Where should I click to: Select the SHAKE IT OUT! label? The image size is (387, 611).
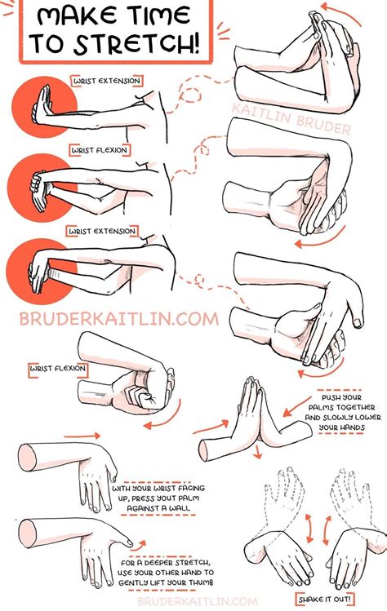[325, 599]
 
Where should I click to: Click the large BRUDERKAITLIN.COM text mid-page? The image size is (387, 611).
[118, 319]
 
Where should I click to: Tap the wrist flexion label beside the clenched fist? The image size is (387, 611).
[58, 368]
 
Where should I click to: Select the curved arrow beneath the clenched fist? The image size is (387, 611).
[164, 417]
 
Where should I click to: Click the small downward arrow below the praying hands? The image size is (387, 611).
[256, 453]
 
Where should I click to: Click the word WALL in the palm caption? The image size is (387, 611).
[181, 508]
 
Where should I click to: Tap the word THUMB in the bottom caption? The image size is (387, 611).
[201, 582]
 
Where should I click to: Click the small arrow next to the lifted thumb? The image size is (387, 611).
[140, 545]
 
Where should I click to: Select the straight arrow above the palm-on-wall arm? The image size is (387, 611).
[82, 436]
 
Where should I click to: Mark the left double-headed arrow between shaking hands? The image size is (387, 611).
[309, 528]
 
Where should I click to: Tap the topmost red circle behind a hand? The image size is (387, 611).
[44, 107]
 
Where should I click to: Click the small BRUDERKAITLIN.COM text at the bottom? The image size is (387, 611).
[198, 602]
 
